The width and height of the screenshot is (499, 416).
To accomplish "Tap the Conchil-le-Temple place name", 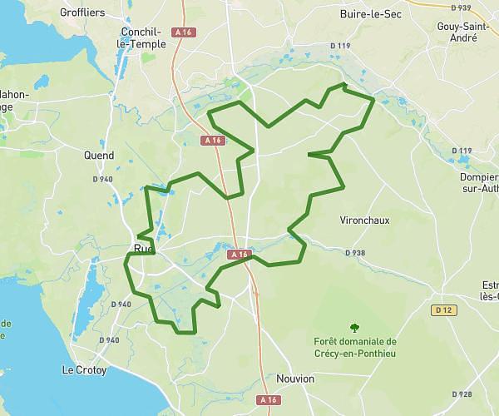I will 143,38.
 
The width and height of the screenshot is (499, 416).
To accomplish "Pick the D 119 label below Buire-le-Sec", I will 341,45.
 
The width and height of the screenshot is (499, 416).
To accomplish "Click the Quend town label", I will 99,155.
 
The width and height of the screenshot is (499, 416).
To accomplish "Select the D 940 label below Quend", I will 102,179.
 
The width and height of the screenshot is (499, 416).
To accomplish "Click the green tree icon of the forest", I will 355,328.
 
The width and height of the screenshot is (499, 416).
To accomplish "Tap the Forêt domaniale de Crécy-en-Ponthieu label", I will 356,346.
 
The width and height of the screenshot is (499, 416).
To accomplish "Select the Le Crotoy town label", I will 85,369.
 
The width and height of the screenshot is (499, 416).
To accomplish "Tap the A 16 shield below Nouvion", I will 268,400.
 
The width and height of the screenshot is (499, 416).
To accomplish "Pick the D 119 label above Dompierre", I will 462,151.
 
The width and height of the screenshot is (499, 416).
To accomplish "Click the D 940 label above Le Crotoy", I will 121,305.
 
